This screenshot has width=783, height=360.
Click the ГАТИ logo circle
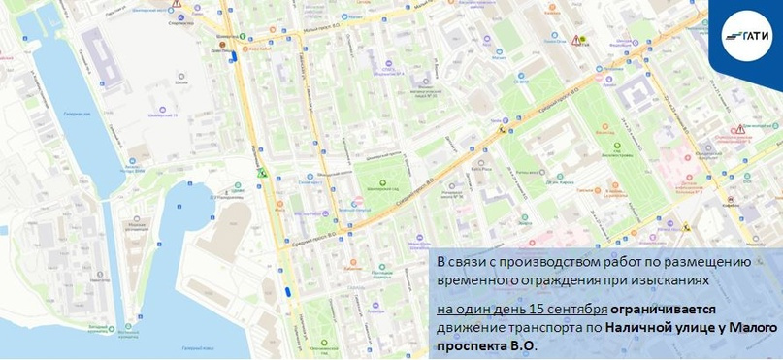(x=747, y=36)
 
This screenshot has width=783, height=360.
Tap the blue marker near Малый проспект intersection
(x=233, y=57)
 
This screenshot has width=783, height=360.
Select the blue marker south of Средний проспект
(x=287, y=290)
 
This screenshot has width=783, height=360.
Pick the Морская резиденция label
(x=137, y=227)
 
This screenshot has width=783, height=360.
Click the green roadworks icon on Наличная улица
(x=260, y=173)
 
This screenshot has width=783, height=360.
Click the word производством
(x=535, y=262)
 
